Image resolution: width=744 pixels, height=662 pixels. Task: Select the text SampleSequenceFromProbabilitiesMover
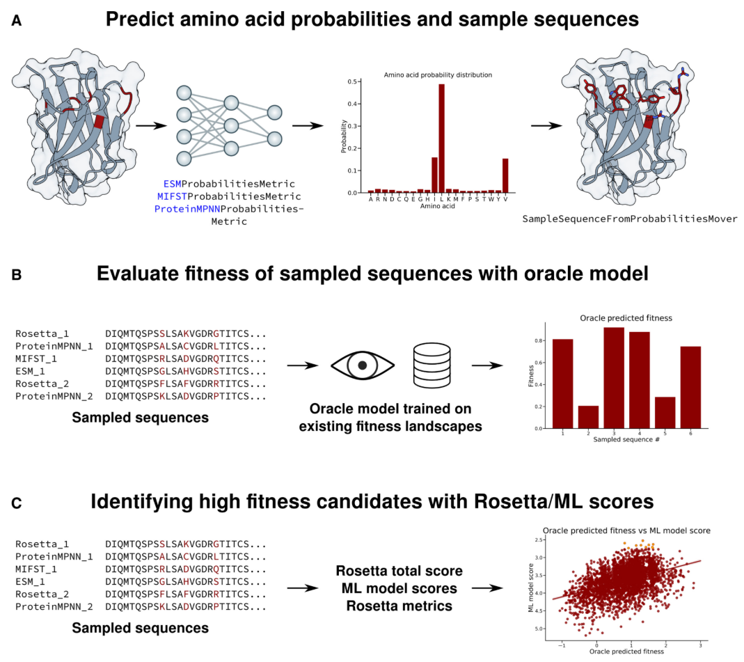(x=629, y=219)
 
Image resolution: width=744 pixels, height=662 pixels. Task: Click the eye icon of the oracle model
(x=362, y=364)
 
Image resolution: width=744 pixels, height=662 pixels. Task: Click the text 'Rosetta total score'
(x=399, y=572)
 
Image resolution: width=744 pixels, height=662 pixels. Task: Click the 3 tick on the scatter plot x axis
(x=699, y=646)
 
